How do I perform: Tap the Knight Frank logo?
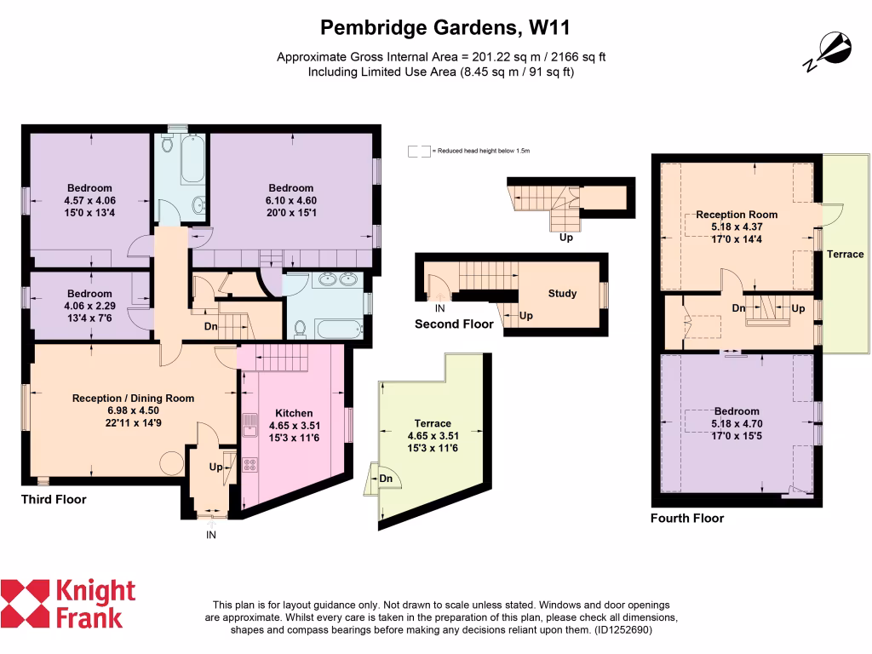pyautogui.click(x=68, y=603)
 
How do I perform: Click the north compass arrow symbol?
pyautogui.click(x=829, y=50)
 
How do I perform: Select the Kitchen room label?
pyautogui.click(x=294, y=413)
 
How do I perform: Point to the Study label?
pyautogui.click(x=562, y=294)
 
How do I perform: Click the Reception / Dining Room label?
pyautogui.click(x=133, y=398)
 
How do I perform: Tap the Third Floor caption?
pyautogui.click(x=54, y=500)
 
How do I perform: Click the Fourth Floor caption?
pyautogui.click(x=687, y=518)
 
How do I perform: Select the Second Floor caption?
pyautogui.click(x=454, y=324)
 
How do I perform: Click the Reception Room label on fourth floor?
pyautogui.click(x=736, y=215)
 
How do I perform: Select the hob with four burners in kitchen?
pyautogui.click(x=251, y=465)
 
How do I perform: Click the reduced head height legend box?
pyautogui.click(x=419, y=151)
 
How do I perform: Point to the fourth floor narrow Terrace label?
pyautogui.click(x=846, y=254)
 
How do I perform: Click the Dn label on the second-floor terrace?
pyautogui.click(x=386, y=479)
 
